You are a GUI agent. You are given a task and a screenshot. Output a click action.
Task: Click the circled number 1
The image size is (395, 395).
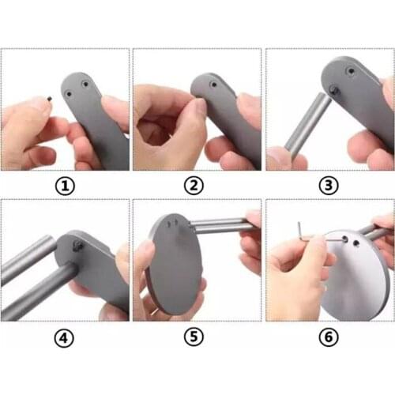65,187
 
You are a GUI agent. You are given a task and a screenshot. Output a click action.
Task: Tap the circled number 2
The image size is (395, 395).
197,187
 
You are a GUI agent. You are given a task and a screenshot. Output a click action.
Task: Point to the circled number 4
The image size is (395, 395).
65,338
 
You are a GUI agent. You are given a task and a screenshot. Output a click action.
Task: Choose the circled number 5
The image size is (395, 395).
197,338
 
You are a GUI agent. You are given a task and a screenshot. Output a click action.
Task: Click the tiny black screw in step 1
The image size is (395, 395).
48,100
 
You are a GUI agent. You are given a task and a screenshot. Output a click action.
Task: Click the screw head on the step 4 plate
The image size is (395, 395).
77,247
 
